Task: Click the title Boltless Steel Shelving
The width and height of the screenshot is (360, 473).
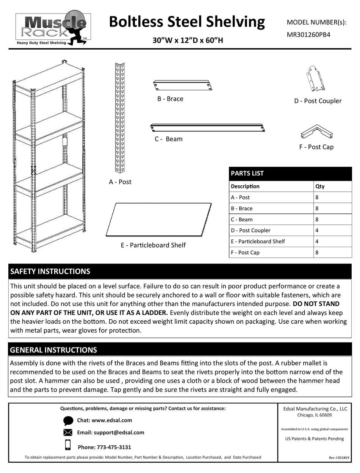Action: point(187,22)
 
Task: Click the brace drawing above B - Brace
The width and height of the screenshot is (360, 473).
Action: point(183,86)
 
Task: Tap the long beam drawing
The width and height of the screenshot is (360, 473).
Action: point(208,128)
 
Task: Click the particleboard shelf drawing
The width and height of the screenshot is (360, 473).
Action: point(158,219)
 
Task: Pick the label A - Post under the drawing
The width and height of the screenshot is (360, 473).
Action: point(120,182)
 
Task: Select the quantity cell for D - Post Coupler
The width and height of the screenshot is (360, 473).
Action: point(332,230)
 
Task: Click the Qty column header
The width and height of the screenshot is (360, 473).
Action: point(320,186)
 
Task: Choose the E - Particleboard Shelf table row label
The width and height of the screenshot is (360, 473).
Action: point(258,241)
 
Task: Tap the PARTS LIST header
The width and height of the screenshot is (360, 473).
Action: point(247,174)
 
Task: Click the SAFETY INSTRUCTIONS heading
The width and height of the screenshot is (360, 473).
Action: point(50,271)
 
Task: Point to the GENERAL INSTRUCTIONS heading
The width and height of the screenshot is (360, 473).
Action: point(53,350)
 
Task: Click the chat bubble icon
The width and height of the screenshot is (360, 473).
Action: point(68,421)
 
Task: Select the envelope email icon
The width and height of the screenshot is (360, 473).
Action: point(68,433)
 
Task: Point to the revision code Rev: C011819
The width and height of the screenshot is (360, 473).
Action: point(338,458)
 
